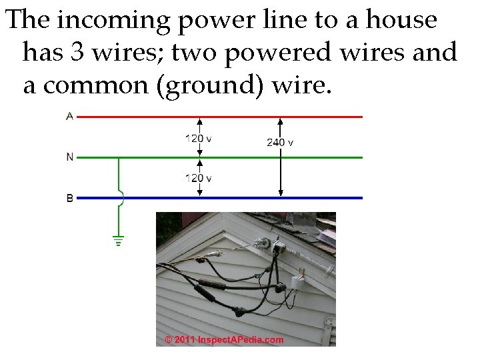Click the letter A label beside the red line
(x=70, y=117)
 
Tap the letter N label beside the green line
(x=70, y=157)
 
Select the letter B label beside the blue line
(x=70, y=198)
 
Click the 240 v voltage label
(x=280, y=143)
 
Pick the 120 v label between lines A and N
(x=199, y=139)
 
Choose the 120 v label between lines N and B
(x=199, y=179)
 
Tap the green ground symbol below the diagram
(x=119, y=241)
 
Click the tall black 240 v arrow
(x=281, y=167)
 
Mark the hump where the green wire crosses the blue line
(x=121, y=197)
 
